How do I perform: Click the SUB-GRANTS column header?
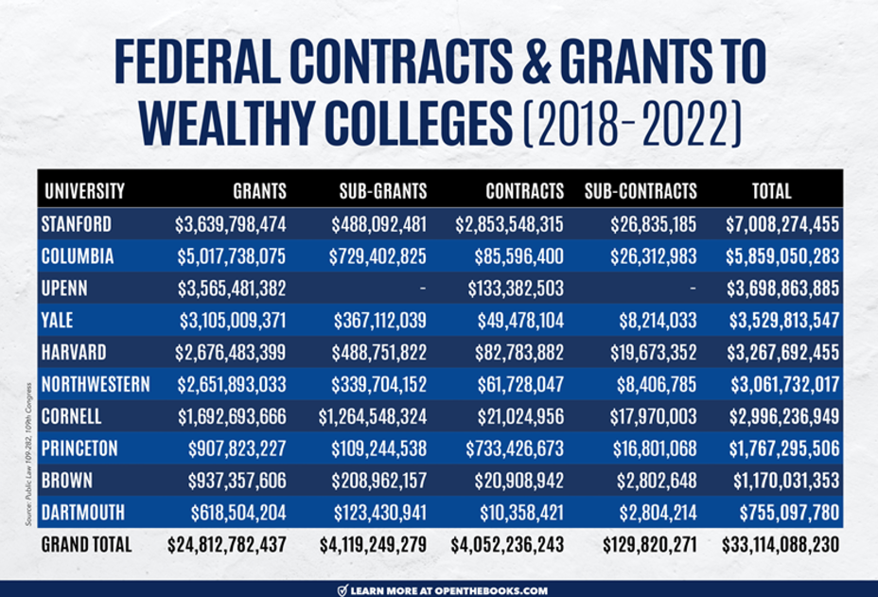point(382,191)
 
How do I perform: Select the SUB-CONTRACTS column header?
point(641,191)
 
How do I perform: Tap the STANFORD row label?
point(77,224)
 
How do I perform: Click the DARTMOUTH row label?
point(84,514)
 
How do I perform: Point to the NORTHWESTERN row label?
point(96,385)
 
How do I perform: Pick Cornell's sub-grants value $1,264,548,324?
point(373,417)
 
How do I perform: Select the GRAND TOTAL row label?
point(87,546)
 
